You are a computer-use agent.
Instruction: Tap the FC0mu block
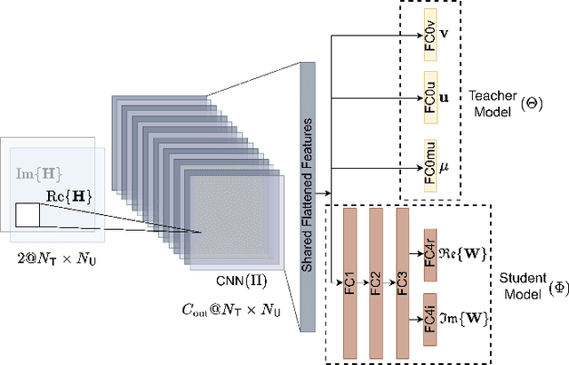click(x=430, y=163)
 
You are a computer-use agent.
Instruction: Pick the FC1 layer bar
click(x=349, y=282)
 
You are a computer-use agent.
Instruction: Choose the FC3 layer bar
click(x=403, y=282)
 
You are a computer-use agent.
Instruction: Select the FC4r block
click(x=429, y=251)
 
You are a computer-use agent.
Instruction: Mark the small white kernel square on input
click(x=28, y=215)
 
